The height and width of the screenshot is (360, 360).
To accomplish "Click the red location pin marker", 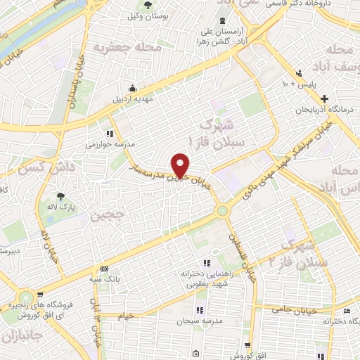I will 181,165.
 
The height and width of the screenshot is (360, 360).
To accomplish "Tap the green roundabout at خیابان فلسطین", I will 224,210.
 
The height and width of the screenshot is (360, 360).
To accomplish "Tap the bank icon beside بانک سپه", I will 104,269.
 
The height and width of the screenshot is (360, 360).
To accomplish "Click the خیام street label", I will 126,316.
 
